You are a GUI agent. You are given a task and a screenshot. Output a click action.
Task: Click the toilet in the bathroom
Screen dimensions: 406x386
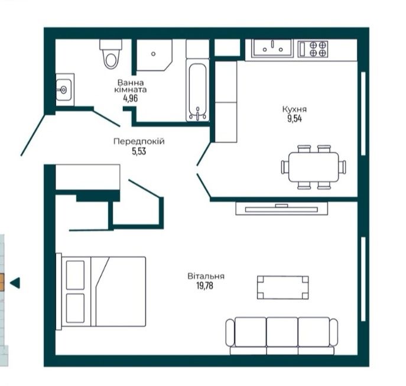pyautogui.click(x=111, y=54)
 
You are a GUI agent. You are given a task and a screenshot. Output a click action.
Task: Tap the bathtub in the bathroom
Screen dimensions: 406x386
pyautogui.click(x=197, y=90)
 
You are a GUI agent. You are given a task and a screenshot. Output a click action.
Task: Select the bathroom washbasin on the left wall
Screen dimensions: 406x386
pyautogui.click(x=64, y=90)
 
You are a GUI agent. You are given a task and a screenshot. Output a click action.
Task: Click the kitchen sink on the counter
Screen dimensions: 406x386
pyautogui.click(x=272, y=48)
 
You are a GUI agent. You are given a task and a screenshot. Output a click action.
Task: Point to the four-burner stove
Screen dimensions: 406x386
pyautogui.click(x=313, y=49)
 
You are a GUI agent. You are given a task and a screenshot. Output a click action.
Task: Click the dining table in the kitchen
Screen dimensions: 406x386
pyautogui.click(x=314, y=167)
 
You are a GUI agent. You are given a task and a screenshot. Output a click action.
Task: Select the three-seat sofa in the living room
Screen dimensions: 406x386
pyautogui.click(x=282, y=336)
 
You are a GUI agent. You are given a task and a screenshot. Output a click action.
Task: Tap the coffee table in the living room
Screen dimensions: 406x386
pyautogui.click(x=282, y=287)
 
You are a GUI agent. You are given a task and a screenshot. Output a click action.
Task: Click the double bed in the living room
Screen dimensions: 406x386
pyautogui.click(x=101, y=291)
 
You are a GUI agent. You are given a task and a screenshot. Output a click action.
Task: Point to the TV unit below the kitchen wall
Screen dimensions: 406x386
pyautogui.click(x=281, y=209)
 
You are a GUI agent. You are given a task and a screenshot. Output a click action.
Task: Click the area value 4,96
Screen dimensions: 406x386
pyautogui.click(x=131, y=99)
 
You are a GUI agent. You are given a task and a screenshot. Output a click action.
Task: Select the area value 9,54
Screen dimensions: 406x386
pyautogui.click(x=295, y=119)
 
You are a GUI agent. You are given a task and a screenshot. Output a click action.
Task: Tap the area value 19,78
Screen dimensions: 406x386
pyautogui.click(x=204, y=286)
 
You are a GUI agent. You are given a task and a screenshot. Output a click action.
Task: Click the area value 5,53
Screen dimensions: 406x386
pyautogui.click(x=139, y=151)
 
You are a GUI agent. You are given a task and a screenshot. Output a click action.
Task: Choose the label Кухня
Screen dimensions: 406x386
pyautogui.click(x=294, y=109)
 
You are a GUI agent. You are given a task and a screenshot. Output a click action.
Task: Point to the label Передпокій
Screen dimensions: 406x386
pyautogui.click(x=139, y=142)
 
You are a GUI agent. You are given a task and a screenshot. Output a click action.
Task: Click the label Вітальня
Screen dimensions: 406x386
pyautogui.click(x=206, y=276)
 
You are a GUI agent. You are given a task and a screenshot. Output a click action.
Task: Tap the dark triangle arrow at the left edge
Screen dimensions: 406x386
pyautogui.click(x=15, y=283)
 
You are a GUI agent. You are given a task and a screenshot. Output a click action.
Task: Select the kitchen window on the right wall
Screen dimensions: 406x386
pyautogui.click(x=363, y=113)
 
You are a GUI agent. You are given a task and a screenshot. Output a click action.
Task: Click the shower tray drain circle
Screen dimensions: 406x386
pyautogui.click(x=153, y=54)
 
